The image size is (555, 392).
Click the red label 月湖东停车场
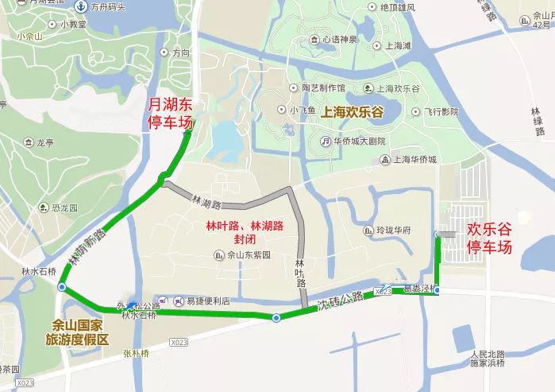171,114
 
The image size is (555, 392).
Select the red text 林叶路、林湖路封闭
245,233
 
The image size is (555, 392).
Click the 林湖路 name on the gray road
205,203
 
